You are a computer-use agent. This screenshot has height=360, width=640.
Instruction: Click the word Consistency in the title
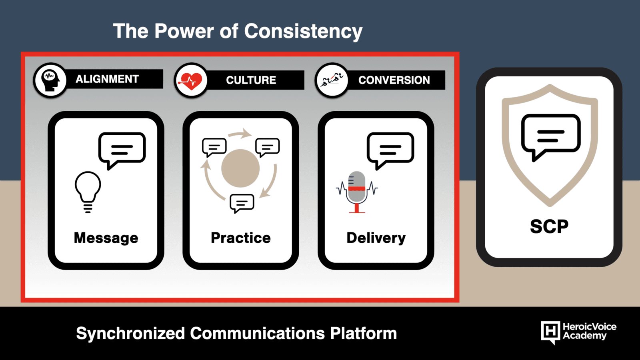[303, 31]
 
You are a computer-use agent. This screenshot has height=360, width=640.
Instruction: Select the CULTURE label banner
[255, 80]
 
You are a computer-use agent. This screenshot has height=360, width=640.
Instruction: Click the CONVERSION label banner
[396, 80]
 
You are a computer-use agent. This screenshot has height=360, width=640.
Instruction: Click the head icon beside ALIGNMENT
[50, 80]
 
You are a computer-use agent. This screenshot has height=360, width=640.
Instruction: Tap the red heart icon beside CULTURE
[191, 81]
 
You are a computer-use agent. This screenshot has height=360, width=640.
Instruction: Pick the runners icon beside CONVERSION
[332, 80]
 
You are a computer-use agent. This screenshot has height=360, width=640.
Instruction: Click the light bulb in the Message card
[88, 192]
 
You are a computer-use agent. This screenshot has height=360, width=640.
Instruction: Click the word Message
[106, 238]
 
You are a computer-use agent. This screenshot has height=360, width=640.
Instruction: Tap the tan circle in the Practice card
[240, 168]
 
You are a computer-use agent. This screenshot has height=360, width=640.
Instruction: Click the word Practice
[240, 238]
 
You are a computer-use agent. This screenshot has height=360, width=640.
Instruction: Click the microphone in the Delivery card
[356, 192]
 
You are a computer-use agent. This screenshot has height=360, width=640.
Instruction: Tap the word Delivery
[376, 238]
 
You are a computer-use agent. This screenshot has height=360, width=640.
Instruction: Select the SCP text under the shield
[549, 227]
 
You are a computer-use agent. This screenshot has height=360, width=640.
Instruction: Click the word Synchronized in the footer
[130, 334]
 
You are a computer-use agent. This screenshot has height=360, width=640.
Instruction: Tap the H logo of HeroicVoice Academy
[550, 332]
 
